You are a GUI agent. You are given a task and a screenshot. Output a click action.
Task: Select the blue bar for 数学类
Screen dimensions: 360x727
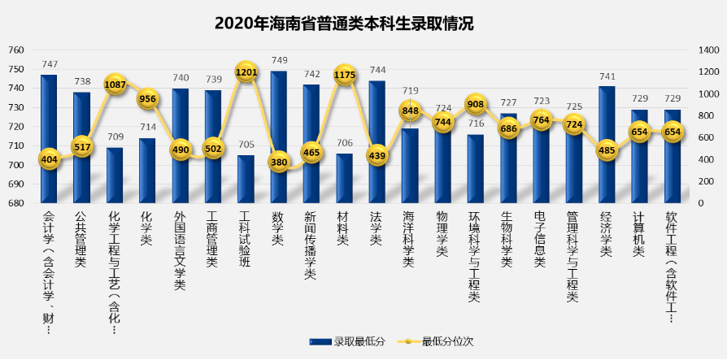click(x=278, y=138)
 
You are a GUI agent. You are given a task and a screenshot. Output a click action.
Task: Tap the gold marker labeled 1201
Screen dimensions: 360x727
click(x=246, y=72)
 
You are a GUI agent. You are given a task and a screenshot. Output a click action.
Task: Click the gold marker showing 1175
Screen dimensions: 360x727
click(x=345, y=75)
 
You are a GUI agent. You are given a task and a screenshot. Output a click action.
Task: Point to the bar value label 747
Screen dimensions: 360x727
click(x=50, y=65)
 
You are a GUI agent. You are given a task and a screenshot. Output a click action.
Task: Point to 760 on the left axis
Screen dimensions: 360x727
click(x=16, y=50)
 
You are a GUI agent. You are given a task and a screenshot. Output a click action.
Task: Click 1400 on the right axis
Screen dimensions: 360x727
click(x=706, y=50)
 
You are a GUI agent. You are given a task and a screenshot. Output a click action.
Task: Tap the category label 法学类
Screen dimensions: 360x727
click(x=377, y=229)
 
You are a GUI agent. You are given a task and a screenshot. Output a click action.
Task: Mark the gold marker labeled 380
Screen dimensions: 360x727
click(x=278, y=161)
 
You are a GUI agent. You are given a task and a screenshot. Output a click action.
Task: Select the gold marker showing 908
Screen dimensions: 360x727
click(x=476, y=104)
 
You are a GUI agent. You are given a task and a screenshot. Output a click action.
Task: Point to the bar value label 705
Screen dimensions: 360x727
click(x=246, y=145)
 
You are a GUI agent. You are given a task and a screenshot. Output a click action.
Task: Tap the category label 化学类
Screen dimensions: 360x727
click(x=147, y=229)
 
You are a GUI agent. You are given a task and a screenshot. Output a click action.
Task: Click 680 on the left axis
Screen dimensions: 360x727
click(x=16, y=204)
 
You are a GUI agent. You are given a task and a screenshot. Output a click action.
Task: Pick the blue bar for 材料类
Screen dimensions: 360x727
click(x=345, y=179)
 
